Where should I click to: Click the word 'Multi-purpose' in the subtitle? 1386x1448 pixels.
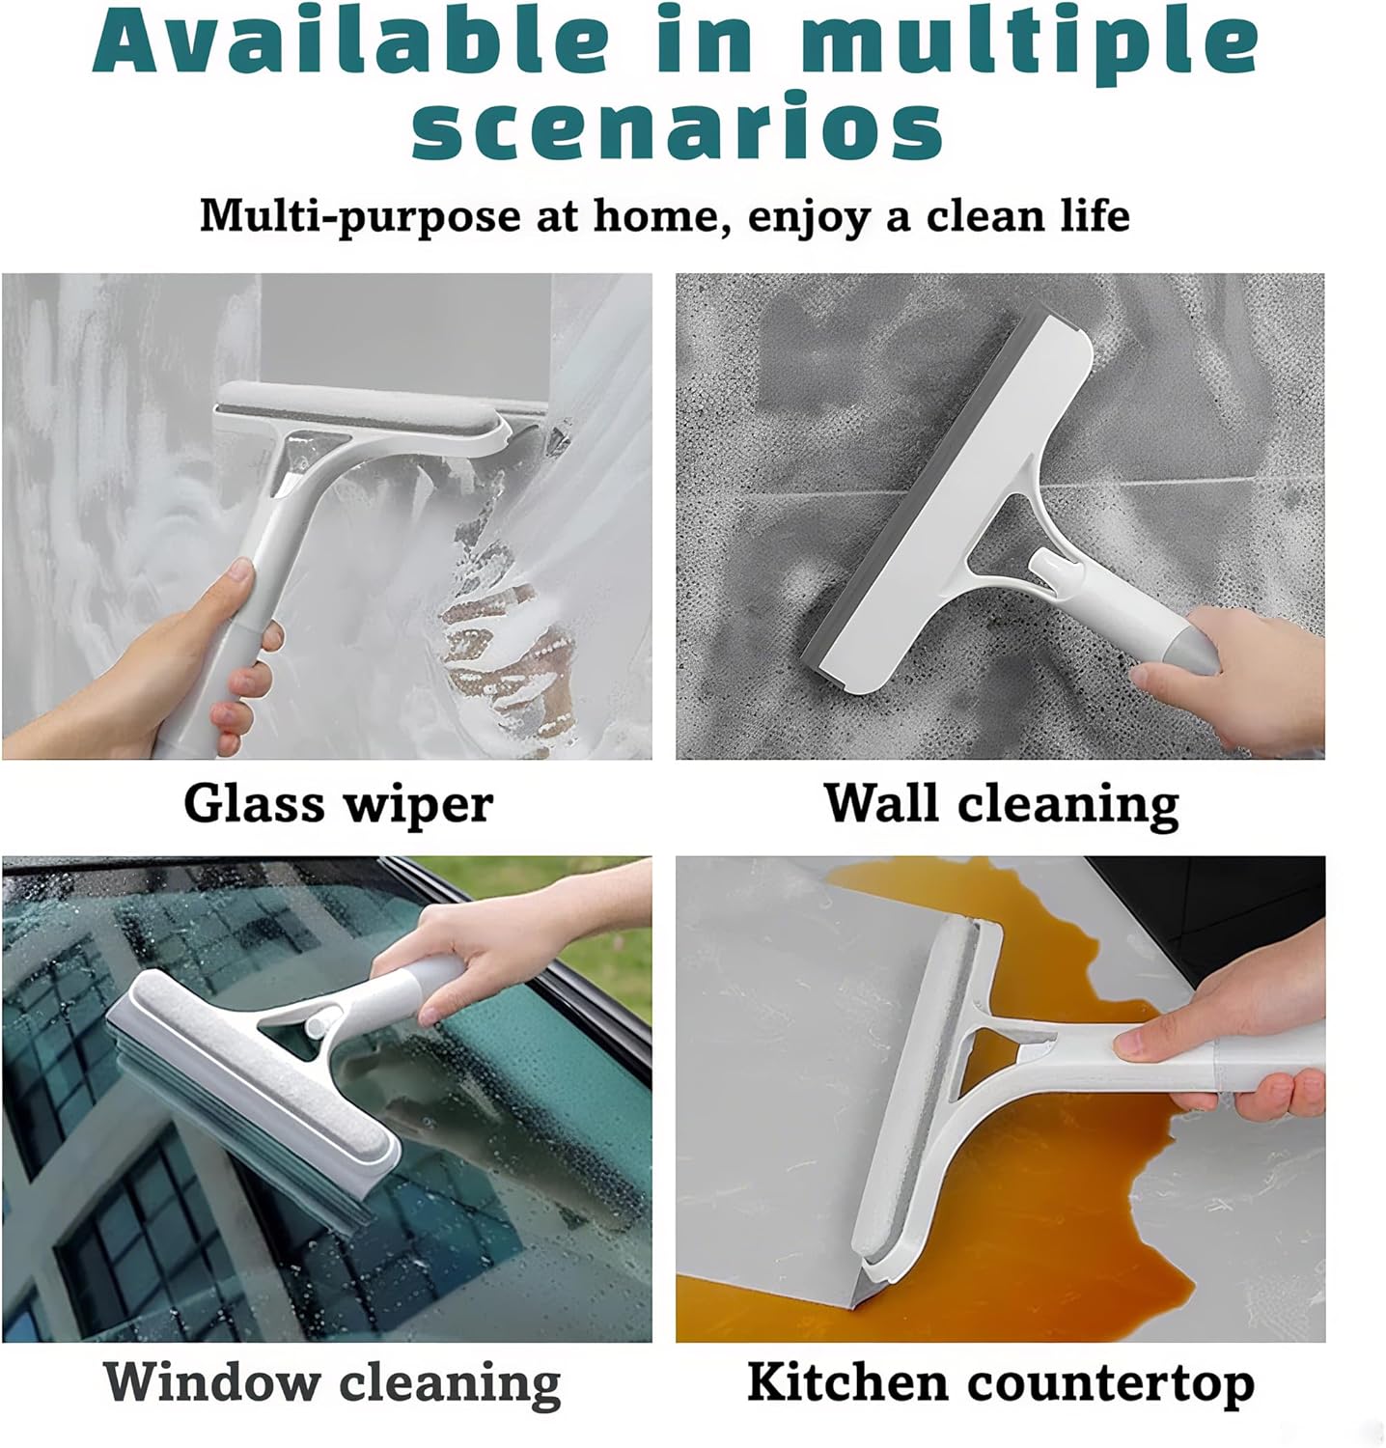[359, 214]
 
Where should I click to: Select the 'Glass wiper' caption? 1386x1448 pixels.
[338, 803]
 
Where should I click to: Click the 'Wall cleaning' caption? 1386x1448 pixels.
[1001, 803]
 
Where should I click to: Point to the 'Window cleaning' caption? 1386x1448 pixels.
[331, 1382]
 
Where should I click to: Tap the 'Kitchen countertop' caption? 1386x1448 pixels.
[1000, 1382]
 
